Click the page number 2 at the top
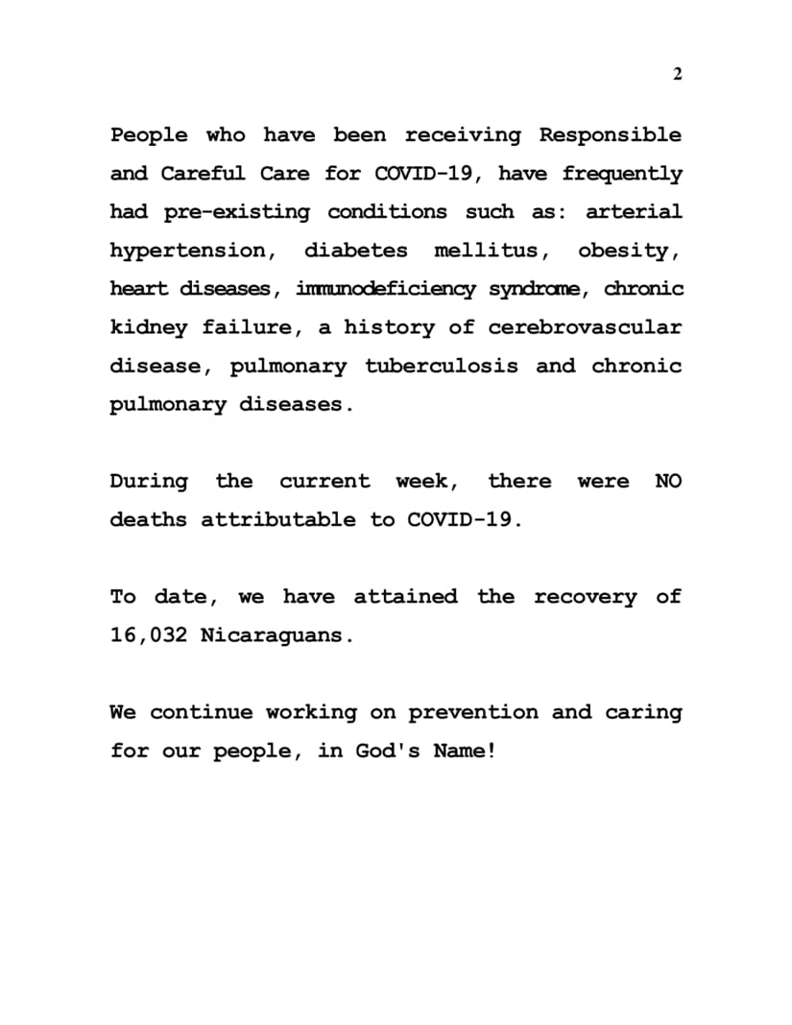pyautogui.click(x=677, y=75)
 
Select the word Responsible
pyautogui.click(x=610, y=135)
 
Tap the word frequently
pyautogui.click(x=622, y=174)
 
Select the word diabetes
pyautogui.click(x=355, y=250)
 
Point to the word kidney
pyautogui.click(x=148, y=327)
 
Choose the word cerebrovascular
pyautogui.click(x=585, y=327)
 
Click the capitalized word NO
pyautogui.click(x=668, y=481)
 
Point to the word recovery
pyautogui.click(x=585, y=597)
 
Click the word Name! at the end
pyautogui.click(x=465, y=751)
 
